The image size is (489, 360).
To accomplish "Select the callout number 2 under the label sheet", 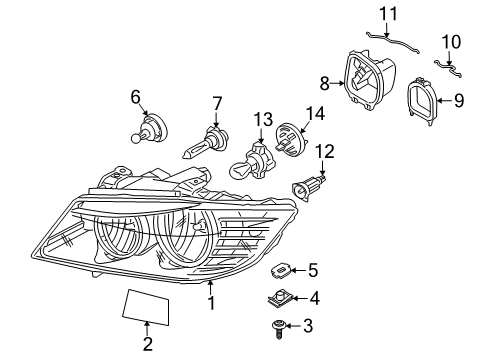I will point(147,345).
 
